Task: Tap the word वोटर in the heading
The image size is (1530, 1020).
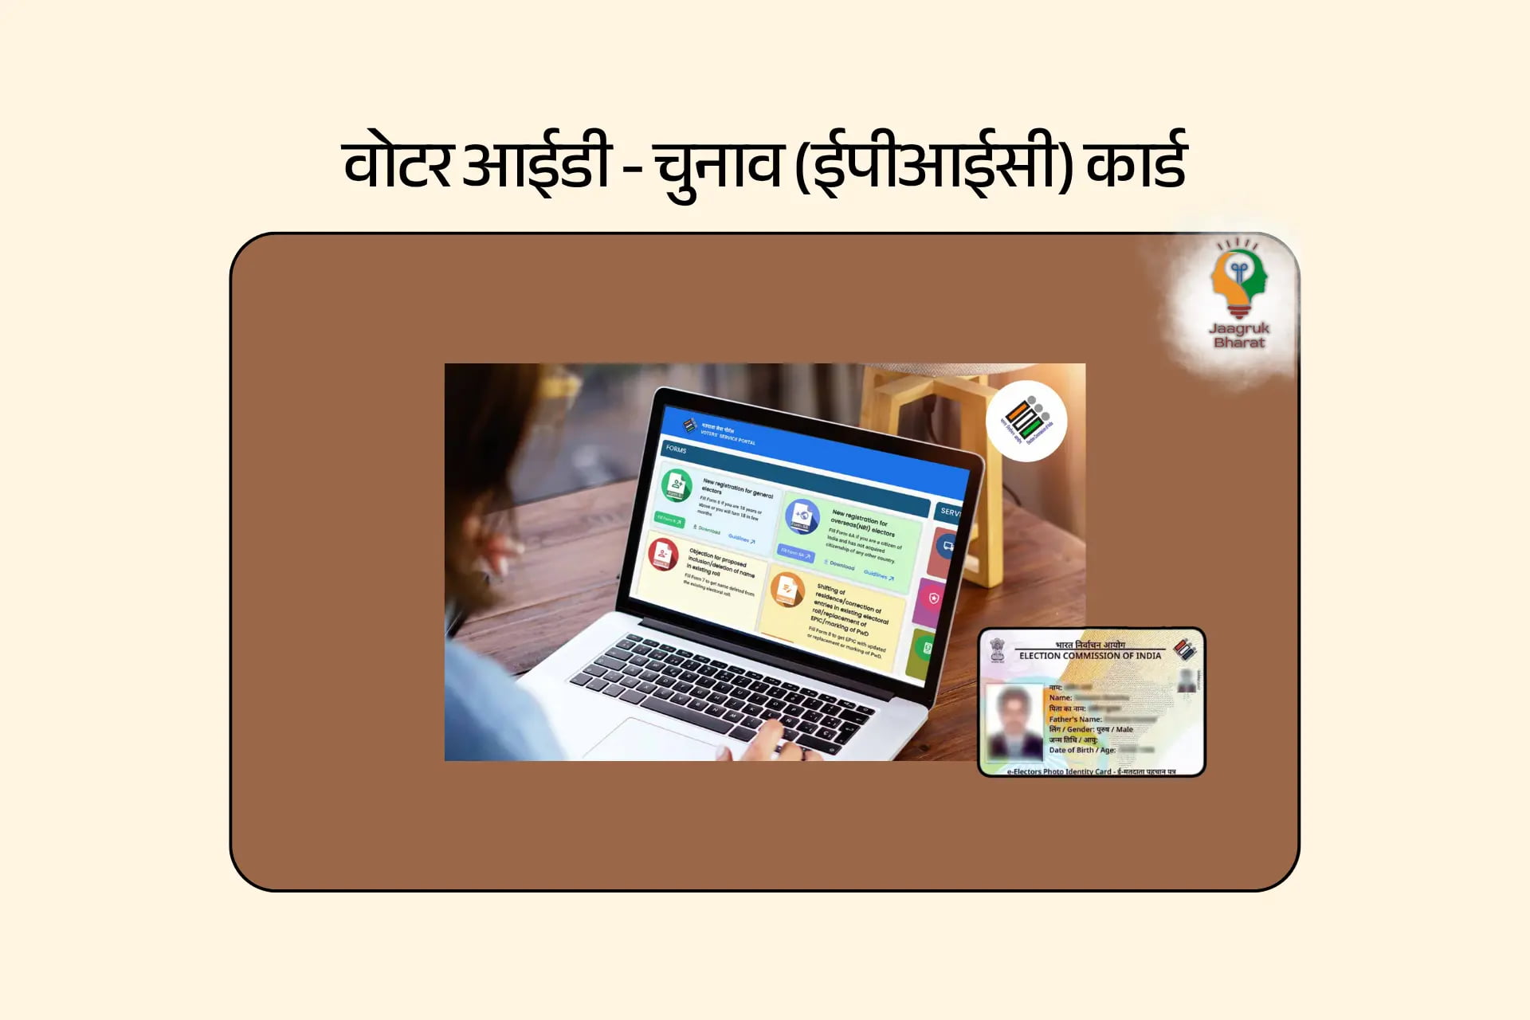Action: click(396, 165)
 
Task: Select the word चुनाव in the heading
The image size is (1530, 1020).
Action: click(716, 165)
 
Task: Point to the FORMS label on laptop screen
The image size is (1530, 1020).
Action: click(677, 449)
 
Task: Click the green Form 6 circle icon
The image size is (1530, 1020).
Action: click(677, 484)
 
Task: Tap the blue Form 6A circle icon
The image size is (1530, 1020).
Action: click(802, 516)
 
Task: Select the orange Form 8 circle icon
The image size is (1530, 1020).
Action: click(787, 590)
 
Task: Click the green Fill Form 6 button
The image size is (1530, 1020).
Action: click(669, 520)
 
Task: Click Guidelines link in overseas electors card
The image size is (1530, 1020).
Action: click(878, 575)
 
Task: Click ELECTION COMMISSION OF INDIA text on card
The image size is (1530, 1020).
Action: click(1090, 656)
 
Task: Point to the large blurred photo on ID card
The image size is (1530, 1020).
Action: click(1014, 721)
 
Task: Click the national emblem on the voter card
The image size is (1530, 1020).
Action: click(997, 649)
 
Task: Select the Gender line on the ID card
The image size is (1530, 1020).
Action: click(1090, 729)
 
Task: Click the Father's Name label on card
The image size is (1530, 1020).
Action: click(1075, 719)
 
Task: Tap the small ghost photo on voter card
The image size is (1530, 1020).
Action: click(1187, 680)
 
